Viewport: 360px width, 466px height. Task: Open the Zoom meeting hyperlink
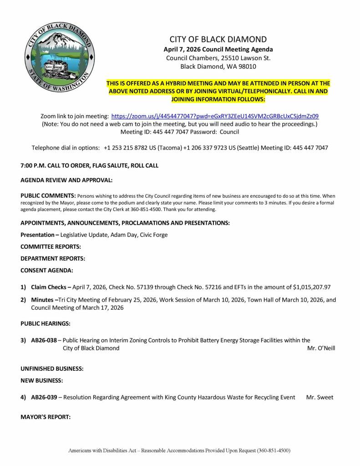pos(215,116)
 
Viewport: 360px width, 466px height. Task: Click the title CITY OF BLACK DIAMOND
pos(218,39)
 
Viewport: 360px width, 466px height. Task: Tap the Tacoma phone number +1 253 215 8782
pos(122,148)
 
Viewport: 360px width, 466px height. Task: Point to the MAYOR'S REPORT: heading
pos(46,416)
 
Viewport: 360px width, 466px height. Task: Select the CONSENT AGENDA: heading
pos(46,270)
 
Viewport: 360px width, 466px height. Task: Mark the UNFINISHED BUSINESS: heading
pos(52,369)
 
